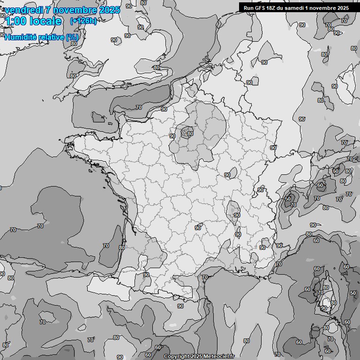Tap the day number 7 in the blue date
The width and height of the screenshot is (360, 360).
[49, 10]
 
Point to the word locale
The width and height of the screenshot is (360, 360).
[46, 22]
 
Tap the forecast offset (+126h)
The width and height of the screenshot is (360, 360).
[83, 21]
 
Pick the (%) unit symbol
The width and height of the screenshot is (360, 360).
[72, 37]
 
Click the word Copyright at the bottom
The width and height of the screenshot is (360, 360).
[177, 357]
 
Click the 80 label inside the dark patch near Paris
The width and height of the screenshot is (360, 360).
[190, 134]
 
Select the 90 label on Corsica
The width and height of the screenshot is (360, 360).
[323, 308]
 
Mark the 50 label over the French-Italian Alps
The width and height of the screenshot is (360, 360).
[288, 199]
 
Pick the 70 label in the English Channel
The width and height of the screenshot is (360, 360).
[138, 107]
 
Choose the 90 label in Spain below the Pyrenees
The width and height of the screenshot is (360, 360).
[180, 306]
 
